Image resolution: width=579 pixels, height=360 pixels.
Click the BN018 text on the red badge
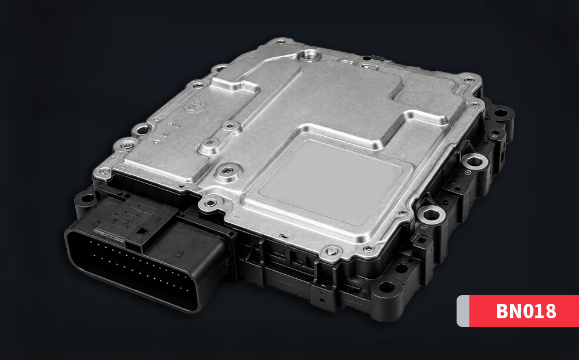[x=526, y=311]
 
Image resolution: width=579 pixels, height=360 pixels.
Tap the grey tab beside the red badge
[x=463, y=311]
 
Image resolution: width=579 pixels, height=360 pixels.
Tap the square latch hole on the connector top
[x=142, y=231]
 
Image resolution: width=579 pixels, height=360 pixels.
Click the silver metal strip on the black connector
[x=108, y=235]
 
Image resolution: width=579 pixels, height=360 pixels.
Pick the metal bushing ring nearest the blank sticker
[x=431, y=214]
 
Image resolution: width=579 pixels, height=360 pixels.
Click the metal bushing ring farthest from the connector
[x=475, y=161]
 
